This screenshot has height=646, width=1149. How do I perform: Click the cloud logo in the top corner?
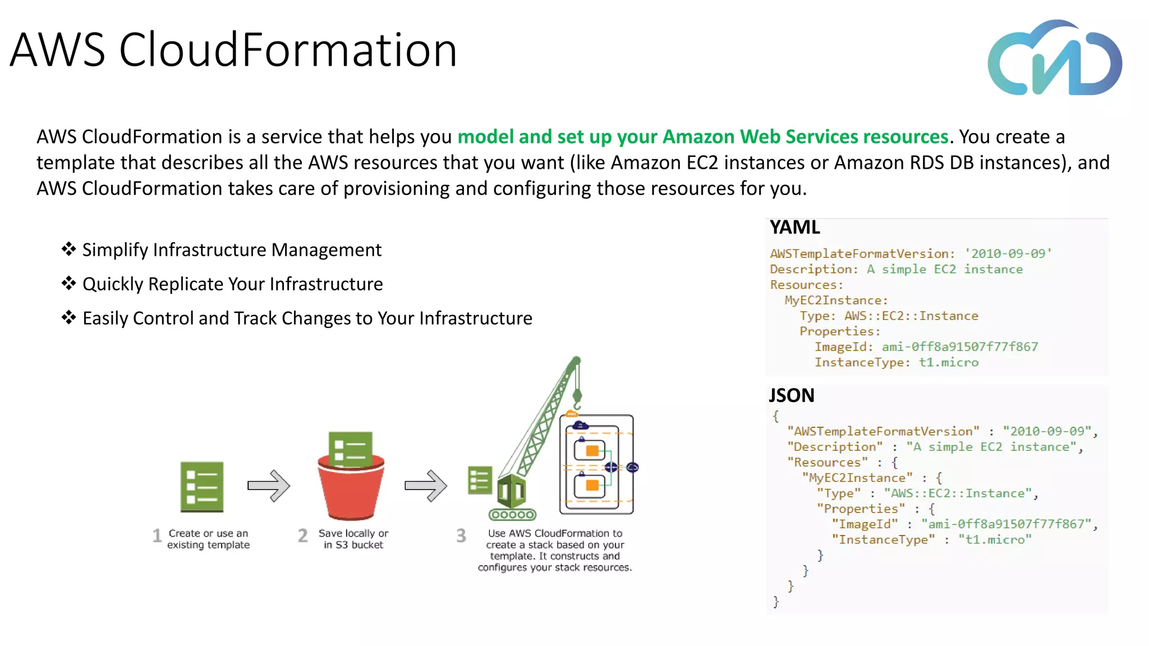pyautogui.click(x=1055, y=59)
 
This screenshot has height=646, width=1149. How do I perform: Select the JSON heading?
pyautogui.click(x=791, y=396)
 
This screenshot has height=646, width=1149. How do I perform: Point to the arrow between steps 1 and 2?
pyautogui.click(x=269, y=486)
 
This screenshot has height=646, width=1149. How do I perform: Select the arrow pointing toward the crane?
pyautogui.click(x=426, y=486)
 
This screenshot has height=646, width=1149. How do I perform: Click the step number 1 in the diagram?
pyautogui.click(x=157, y=536)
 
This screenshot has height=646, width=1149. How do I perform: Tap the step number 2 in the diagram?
pyautogui.click(x=303, y=536)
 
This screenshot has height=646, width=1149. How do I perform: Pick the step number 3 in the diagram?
pyautogui.click(x=461, y=536)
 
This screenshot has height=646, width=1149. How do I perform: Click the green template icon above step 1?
pyautogui.click(x=202, y=487)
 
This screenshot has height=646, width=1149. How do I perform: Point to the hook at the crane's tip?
pyautogui.click(x=577, y=399)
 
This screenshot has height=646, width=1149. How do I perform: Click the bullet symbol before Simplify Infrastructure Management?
pyautogui.click(x=68, y=249)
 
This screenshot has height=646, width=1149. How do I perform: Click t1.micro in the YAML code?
pyautogui.click(x=949, y=363)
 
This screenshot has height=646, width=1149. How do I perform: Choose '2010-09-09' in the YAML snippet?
pyautogui.click(x=1008, y=254)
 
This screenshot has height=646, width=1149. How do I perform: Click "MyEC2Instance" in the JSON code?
pyautogui.click(x=857, y=478)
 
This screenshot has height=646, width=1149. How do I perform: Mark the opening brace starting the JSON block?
pyautogui.click(x=776, y=416)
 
